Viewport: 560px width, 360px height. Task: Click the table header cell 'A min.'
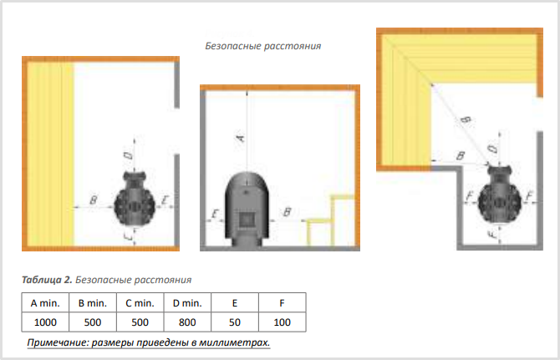coord(45,303)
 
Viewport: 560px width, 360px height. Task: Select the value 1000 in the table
coord(45,322)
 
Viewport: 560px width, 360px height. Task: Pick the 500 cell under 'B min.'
coord(93,322)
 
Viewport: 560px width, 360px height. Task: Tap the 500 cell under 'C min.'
coord(140,322)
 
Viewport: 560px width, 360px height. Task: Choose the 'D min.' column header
coord(187,303)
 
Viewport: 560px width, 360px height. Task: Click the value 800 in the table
coord(187,322)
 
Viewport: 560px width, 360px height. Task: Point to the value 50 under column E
coord(235,322)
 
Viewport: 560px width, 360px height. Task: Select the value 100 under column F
coord(283,322)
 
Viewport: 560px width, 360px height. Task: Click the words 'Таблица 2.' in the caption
coord(47,280)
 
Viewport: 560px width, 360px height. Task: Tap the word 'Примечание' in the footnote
coord(58,342)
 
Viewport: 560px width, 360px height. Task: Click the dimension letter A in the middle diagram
coord(241,138)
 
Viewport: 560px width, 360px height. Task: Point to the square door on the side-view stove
coord(246,221)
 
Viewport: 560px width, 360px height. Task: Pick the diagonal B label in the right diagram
coord(466,120)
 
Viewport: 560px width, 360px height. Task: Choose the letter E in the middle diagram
coord(215,214)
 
